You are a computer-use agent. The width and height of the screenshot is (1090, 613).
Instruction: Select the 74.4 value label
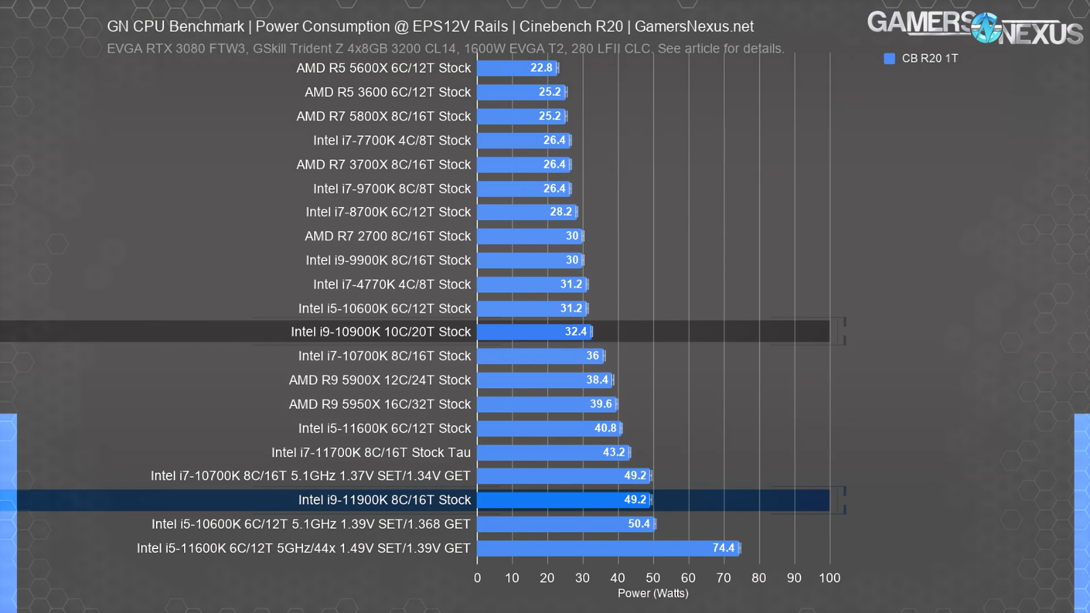723,548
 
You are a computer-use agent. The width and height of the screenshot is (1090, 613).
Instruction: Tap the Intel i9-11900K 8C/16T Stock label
384,500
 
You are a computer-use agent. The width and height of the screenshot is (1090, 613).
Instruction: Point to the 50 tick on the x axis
653,578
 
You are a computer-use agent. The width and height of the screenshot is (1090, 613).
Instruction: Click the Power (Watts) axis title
653,593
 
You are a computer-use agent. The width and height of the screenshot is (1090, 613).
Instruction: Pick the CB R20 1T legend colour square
889,59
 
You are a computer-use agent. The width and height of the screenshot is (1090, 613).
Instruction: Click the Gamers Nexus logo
974,27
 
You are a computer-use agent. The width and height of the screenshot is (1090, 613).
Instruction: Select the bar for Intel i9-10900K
534,332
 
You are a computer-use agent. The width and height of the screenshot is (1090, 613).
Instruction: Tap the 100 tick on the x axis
829,578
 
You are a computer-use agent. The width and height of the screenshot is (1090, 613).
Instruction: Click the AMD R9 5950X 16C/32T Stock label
379,404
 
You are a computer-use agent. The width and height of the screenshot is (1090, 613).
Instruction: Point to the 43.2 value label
614,452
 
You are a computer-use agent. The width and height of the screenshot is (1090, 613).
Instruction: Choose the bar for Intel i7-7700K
523,140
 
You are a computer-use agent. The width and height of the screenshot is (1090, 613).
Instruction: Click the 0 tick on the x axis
477,578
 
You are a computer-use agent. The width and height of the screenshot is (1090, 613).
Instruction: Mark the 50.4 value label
638,524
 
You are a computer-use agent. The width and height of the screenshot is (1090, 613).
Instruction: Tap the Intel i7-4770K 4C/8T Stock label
392,284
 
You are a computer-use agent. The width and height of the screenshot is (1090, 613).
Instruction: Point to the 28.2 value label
561,212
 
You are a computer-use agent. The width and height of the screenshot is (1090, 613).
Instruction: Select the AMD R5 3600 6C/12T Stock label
388,92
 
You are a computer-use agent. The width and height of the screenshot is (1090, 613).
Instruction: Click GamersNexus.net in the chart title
694,27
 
